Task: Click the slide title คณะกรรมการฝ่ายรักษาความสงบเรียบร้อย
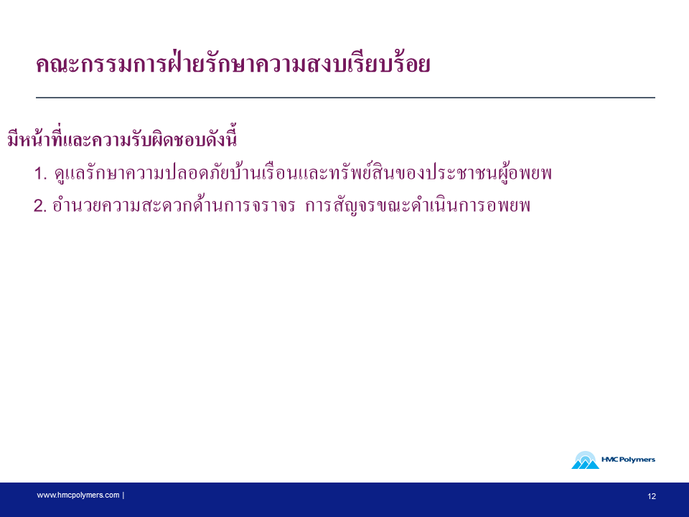[233, 64]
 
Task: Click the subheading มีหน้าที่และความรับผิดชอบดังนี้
[122, 138]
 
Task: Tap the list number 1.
[40, 173]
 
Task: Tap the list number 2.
[40, 206]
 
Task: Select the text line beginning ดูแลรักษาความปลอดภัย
[303, 172]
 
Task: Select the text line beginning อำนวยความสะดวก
[291, 205]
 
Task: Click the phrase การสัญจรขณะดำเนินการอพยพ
[418, 205]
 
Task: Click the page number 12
[652, 496]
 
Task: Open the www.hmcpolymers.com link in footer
[78, 495]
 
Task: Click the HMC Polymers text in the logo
[628, 460]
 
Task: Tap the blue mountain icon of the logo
[585, 460]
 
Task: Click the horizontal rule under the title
[345, 97]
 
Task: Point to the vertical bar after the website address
[123, 495]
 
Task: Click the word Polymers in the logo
[637, 460]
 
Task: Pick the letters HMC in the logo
[610, 460]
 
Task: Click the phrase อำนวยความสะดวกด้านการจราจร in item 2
[174, 205]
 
